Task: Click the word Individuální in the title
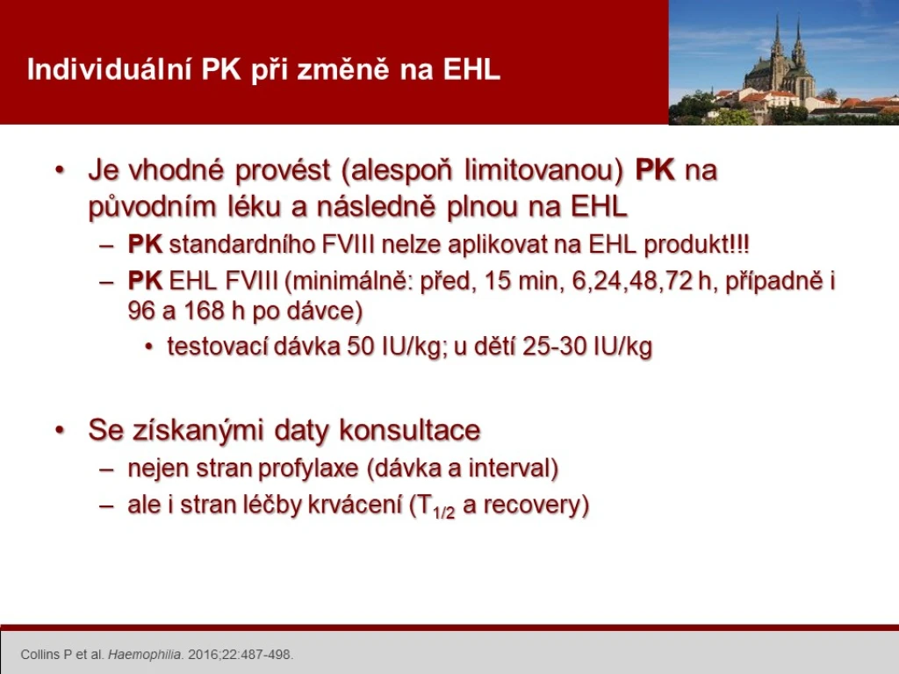(x=110, y=69)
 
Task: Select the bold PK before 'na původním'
(x=655, y=170)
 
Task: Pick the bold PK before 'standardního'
(x=145, y=245)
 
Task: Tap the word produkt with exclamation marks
(x=696, y=246)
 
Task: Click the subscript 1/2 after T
(x=444, y=512)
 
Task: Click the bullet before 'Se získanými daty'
(x=60, y=430)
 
